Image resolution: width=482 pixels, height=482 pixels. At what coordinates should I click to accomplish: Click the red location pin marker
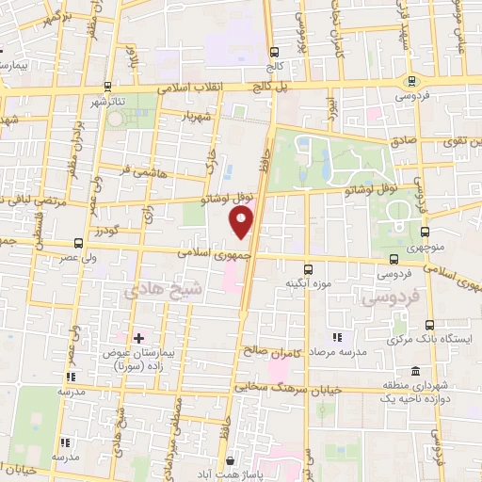point(242,222)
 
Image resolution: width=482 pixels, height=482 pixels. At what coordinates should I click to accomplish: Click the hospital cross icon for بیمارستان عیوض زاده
point(138,337)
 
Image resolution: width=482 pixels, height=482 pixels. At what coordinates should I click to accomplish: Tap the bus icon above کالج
point(274,53)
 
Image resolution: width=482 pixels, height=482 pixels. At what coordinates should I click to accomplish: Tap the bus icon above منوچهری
point(425,230)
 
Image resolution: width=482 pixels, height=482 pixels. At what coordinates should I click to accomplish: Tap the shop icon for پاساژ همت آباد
point(230,461)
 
